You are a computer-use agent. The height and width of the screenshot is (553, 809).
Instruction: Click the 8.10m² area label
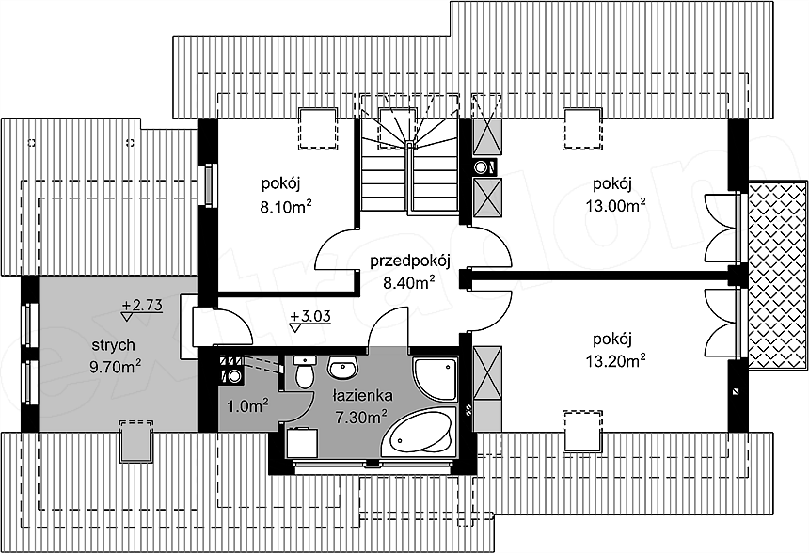point(285,207)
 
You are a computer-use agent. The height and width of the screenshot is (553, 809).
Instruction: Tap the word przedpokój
point(410,261)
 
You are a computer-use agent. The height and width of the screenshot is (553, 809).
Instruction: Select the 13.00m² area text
point(615,206)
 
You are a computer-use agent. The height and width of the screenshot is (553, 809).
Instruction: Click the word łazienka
point(363,396)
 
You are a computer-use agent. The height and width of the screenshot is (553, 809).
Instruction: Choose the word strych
point(114,344)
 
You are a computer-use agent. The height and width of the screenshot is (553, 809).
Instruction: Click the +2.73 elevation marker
point(142,308)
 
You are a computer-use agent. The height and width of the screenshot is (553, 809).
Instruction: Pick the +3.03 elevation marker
point(310,320)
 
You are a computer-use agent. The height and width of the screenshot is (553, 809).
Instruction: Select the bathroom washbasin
point(341,368)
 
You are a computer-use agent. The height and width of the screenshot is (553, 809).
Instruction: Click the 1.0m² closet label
point(247,405)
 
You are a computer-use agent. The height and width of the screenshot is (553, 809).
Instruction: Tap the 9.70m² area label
point(116,367)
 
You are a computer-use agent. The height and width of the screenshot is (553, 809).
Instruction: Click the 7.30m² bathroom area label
point(361,417)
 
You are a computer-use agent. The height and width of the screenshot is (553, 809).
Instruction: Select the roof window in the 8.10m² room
point(318,129)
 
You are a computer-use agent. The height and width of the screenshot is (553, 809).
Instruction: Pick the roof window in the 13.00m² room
point(582,129)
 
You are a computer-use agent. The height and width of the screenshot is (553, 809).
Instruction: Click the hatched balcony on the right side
point(778,275)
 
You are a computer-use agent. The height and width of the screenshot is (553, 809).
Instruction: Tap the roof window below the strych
point(136,441)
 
